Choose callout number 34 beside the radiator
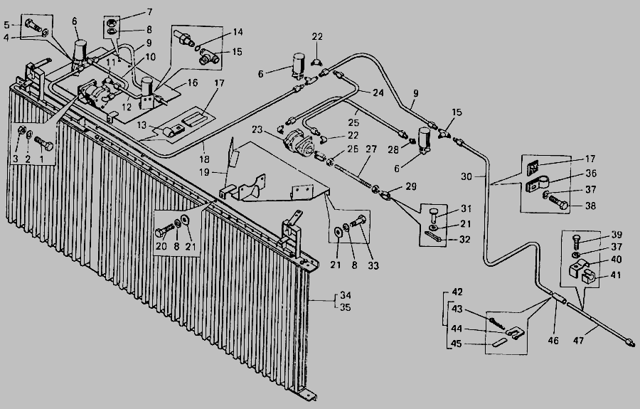(346, 297)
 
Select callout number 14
(237, 33)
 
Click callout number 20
(161, 245)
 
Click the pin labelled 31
(436, 211)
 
